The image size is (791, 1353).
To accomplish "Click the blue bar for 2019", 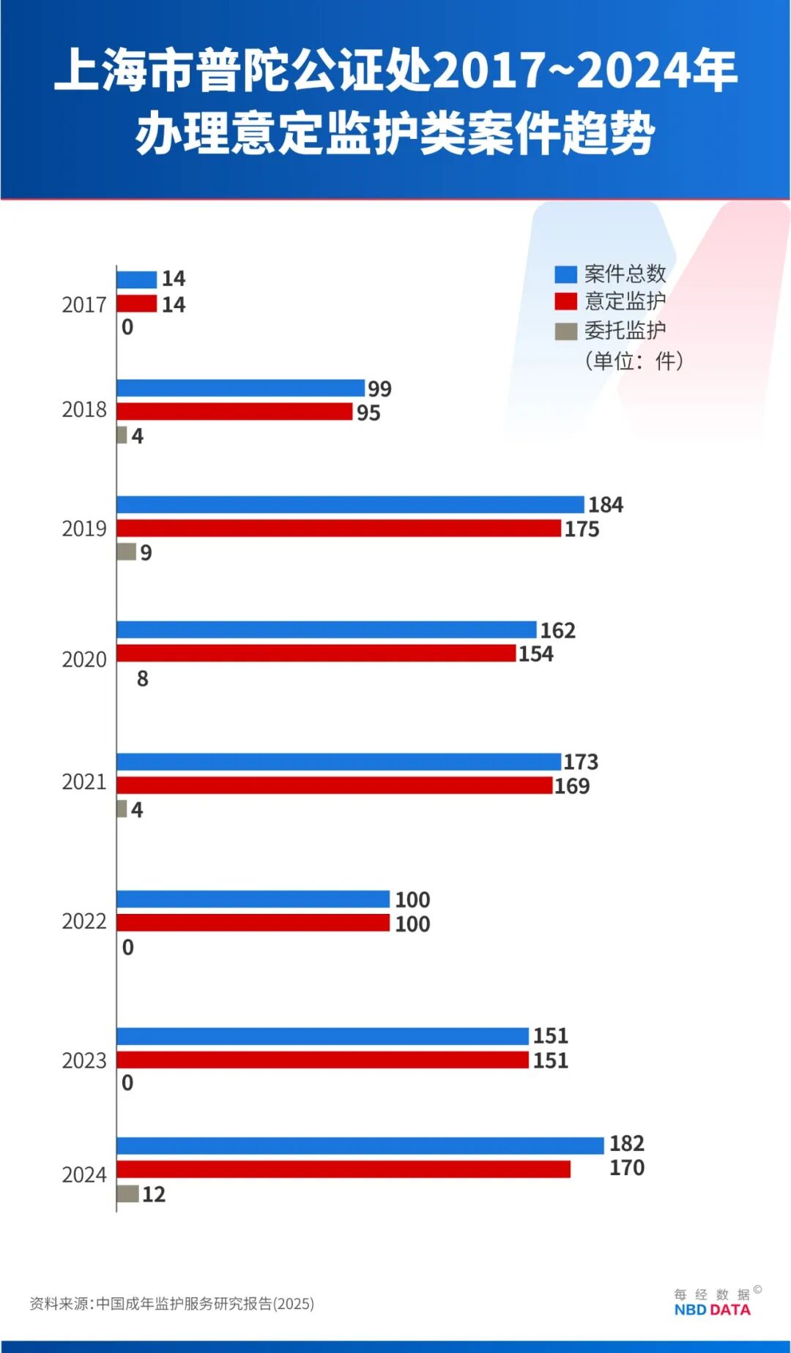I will [x=350, y=505].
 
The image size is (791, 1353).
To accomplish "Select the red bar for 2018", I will [x=234, y=412].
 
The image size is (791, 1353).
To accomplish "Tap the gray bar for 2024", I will [x=127, y=1193].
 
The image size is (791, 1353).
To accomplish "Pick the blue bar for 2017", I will [x=137, y=280].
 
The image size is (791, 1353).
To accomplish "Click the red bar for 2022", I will [x=253, y=923].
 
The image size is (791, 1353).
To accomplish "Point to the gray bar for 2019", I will [x=127, y=552].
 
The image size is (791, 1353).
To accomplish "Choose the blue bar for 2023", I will [x=322, y=1036].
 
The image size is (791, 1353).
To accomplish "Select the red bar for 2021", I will [x=334, y=785].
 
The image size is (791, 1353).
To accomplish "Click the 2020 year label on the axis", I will [x=84, y=659].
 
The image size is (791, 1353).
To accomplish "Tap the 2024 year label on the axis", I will [x=84, y=1174].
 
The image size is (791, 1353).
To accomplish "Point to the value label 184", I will [x=606, y=505].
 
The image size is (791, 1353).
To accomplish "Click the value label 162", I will [x=557, y=630].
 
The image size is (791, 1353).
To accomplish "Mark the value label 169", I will [x=572, y=786].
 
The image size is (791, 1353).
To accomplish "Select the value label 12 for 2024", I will [x=154, y=1194].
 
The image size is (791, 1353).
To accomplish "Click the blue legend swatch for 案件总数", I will [x=565, y=274].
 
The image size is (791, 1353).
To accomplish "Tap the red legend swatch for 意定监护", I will [x=565, y=301].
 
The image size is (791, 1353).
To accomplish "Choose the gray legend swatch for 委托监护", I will [x=565, y=331].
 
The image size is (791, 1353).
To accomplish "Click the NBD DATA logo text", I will [x=712, y=1310].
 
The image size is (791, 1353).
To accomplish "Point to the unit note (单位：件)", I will [x=634, y=361].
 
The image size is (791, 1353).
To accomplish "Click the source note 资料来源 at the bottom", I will [x=171, y=1303].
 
